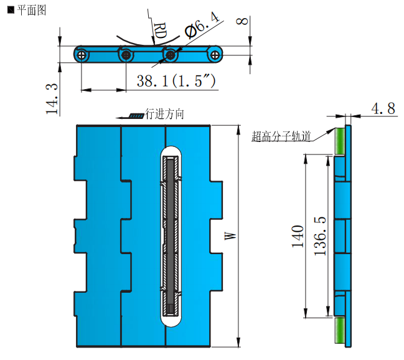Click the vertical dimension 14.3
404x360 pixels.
(x=54, y=99)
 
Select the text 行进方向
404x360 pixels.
(x=164, y=114)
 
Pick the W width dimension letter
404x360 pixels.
(x=230, y=235)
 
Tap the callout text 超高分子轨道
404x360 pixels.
(x=281, y=137)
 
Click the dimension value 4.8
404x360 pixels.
(x=383, y=109)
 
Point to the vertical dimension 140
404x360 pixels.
(x=298, y=237)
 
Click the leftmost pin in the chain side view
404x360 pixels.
(x=82, y=55)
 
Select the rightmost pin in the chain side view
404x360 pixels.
(x=215, y=55)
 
